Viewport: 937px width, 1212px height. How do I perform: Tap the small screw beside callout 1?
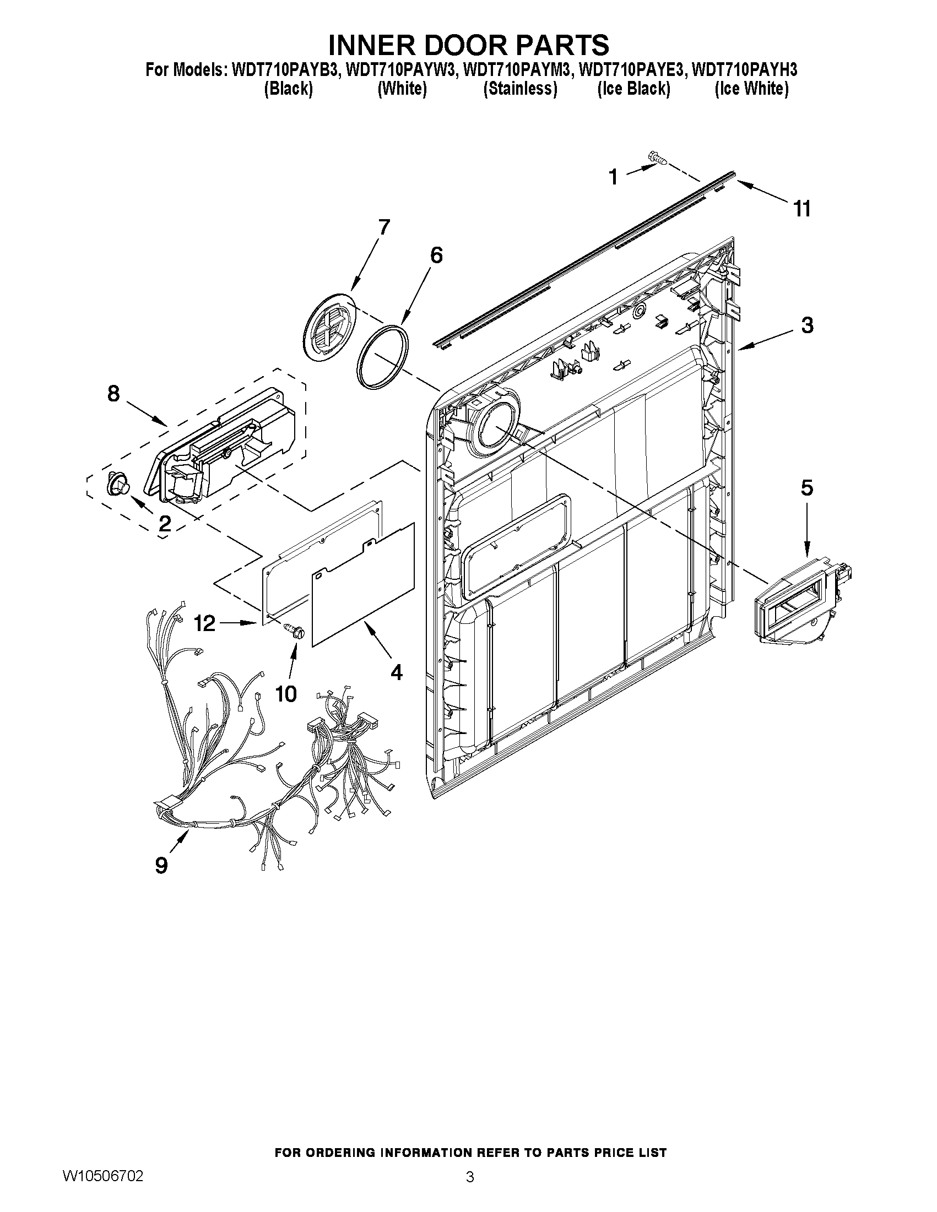(x=657, y=160)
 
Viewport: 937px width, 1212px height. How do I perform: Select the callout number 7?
(x=383, y=226)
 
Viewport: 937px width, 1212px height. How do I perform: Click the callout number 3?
(x=807, y=325)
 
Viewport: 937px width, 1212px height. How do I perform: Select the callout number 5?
(x=806, y=488)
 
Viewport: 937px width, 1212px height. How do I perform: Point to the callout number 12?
(x=204, y=623)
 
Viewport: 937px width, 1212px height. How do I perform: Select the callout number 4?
(x=396, y=672)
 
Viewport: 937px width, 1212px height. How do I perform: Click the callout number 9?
(x=161, y=865)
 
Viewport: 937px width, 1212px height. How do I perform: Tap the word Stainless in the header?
(x=520, y=88)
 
